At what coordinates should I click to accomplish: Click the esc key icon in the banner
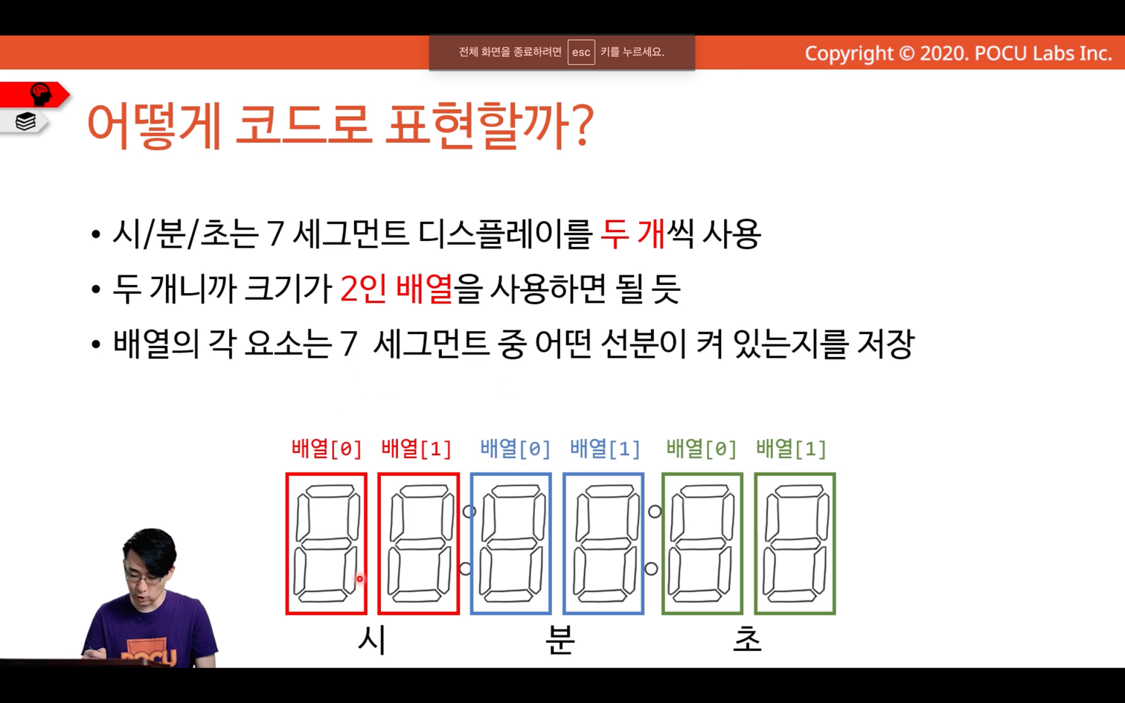pyautogui.click(x=581, y=52)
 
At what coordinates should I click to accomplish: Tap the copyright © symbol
pyautogui.click(x=907, y=54)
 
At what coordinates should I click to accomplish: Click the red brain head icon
pyautogui.click(x=40, y=94)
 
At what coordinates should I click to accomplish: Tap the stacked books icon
pyautogui.click(x=25, y=121)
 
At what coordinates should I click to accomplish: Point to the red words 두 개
pyautogui.click(x=632, y=234)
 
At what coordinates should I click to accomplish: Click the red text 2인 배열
pyautogui.click(x=397, y=289)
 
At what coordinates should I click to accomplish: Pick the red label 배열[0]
pyautogui.click(x=327, y=449)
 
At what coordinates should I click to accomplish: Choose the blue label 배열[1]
pyautogui.click(x=605, y=449)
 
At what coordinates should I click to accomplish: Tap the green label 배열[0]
pyautogui.click(x=701, y=449)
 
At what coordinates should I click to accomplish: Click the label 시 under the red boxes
pyautogui.click(x=372, y=641)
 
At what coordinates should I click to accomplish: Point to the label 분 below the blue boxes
pyautogui.click(x=560, y=641)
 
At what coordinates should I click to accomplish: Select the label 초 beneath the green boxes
pyautogui.click(x=747, y=639)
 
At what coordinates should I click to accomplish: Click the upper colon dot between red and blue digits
pyautogui.click(x=469, y=512)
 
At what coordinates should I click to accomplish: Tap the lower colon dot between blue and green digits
pyautogui.click(x=651, y=569)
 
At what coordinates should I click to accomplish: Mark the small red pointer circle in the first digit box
pyautogui.click(x=359, y=579)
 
